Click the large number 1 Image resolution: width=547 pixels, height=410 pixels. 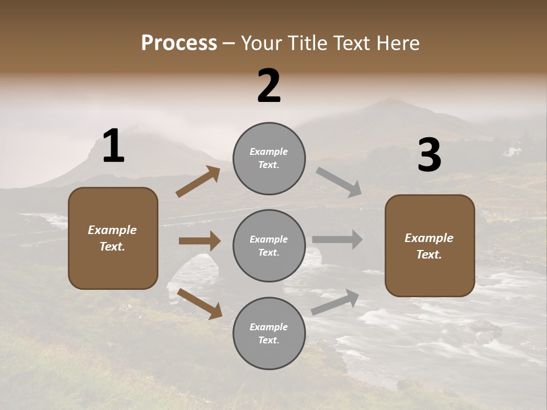pos(113,146)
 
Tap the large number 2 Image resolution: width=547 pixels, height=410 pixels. pos(269,86)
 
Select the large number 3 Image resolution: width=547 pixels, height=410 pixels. pos(429,155)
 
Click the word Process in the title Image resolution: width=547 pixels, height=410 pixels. pos(179,43)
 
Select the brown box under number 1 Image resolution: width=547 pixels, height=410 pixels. pos(113,238)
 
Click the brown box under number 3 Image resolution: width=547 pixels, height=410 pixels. pos(430,246)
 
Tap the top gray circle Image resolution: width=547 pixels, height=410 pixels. pos(269,158)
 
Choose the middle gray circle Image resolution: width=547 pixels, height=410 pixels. pos(269,246)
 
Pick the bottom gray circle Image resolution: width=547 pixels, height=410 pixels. pos(269,334)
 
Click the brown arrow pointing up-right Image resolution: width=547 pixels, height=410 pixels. pos(198,182)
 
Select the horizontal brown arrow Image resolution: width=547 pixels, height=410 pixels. pos(199,241)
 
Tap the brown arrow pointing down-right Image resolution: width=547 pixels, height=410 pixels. pos(200,304)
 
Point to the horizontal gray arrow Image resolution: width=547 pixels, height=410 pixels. pos(337,240)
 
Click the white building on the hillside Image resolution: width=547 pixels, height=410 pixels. pos(514,151)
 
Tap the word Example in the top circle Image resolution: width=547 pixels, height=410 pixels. pos(269,151)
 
